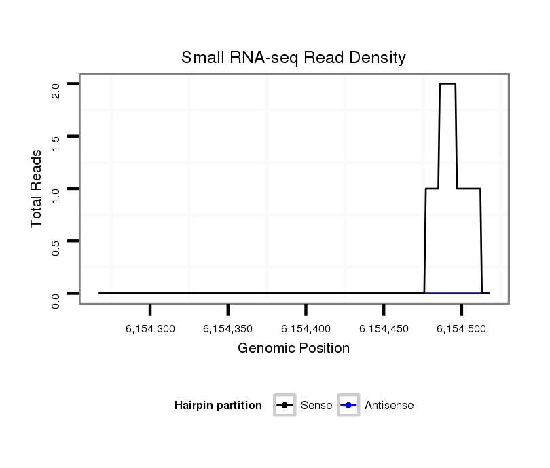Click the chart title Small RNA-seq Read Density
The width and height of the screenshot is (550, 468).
click(x=293, y=58)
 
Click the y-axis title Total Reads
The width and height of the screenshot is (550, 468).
click(x=37, y=189)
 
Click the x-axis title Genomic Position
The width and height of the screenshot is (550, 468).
click(x=293, y=349)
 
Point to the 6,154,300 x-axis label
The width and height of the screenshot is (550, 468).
click(x=150, y=329)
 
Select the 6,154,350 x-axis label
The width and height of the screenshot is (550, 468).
click(x=228, y=329)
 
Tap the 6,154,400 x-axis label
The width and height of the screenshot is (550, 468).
click(x=306, y=329)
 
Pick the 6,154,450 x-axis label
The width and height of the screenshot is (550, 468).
click(x=384, y=329)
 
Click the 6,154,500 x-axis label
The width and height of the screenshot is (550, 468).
click(x=462, y=329)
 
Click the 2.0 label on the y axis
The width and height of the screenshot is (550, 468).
click(x=56, y=90)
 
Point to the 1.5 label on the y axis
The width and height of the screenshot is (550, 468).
click(x=56, y=142)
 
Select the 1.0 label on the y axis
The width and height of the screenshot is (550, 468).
click(x=56, y=194)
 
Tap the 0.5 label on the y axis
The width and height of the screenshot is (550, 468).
click(x=56, y=246)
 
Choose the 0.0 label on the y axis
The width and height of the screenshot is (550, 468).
click(x=56, y=299)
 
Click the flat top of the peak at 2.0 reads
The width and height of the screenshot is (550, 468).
click(x=447, y=83)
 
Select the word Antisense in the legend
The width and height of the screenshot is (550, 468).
click(x=389, y=406)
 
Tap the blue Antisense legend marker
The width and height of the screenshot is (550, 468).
click(x=349, y=406)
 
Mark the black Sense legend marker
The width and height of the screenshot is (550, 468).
click(x=285, y=406)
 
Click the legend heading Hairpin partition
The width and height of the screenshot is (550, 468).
click(x=218, y=406)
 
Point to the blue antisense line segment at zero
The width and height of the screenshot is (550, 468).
click(x=453, y=293)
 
